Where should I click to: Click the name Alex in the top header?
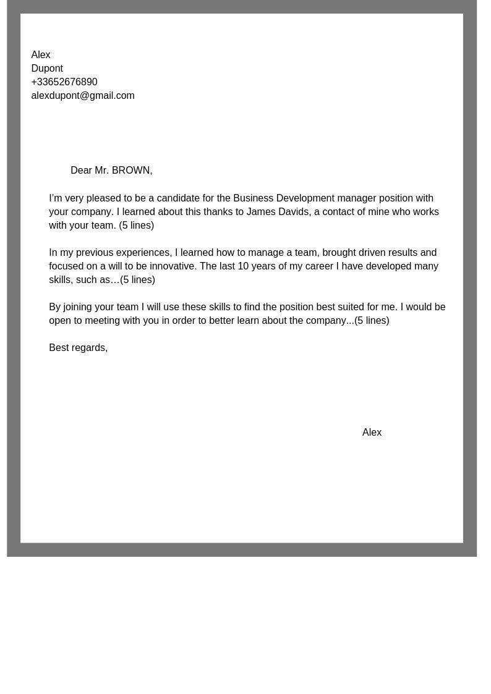click(41, 55)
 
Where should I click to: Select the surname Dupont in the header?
click(47, 69)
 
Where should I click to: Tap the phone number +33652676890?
click(64, 82)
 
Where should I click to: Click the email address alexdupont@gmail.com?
click(83, 96)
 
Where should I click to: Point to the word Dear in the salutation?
click(81, 171)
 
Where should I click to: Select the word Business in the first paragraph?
click(253, 198)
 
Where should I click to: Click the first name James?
click(261, 212)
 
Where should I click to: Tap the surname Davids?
click(294, 212)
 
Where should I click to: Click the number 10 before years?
click(243, 266)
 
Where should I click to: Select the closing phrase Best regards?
click(78, 348)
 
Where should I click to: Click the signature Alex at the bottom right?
click(372, 433)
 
